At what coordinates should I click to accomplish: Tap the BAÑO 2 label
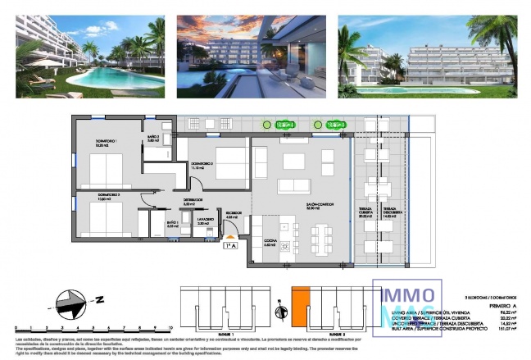(152, 139)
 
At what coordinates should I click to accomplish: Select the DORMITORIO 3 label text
(202, 165)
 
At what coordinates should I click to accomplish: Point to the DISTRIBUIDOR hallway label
(193, 201)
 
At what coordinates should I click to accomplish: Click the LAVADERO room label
(204, 221)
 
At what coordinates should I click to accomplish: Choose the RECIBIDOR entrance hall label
(234, 214)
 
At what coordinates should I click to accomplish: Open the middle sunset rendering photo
(249, 56)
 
